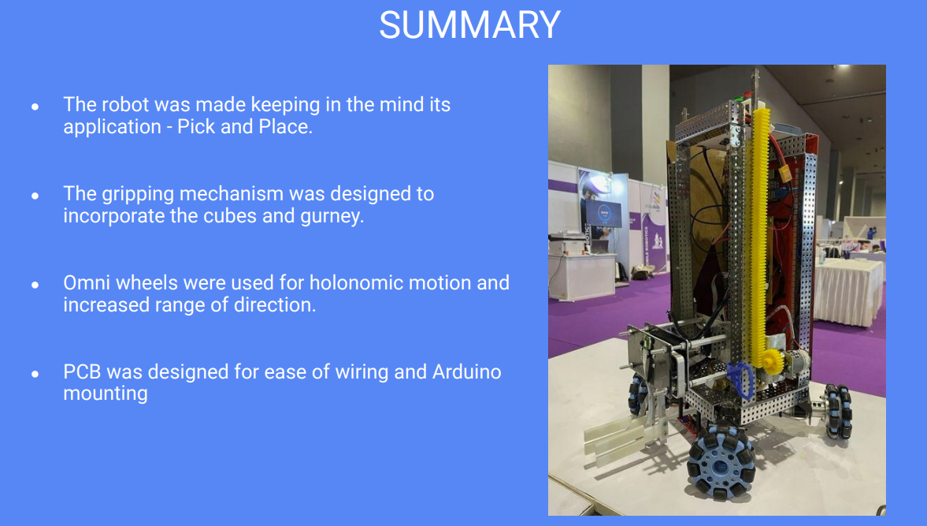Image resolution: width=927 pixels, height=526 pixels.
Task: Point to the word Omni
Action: (85, 282)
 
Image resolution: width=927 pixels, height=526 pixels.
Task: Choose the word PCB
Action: (82, 371)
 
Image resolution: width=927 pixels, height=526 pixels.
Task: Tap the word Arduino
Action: (466, 371)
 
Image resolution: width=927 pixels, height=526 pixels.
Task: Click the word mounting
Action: (106, 393)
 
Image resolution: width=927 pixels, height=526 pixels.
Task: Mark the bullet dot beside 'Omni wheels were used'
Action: (35, 284)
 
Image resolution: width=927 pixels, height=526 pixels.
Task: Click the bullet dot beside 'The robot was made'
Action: (35, 106)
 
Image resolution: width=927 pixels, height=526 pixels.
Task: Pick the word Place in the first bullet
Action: (284, 127)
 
